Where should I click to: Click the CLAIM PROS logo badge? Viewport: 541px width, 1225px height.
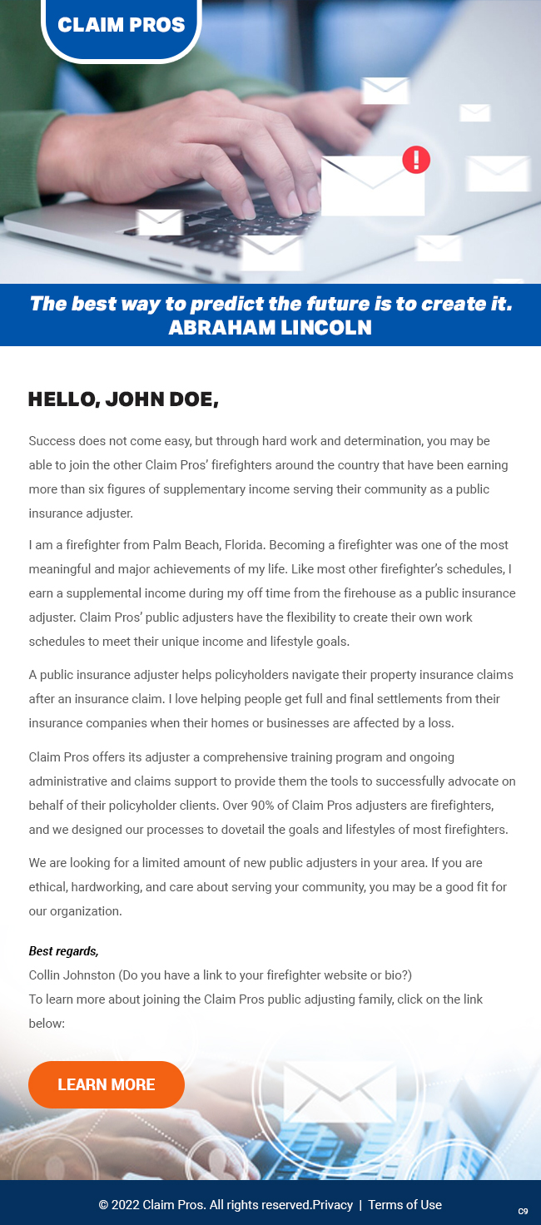pyautogui.click(x=122, y=25)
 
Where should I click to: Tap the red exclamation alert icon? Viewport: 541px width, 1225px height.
pyautogui.click(x=416, y=159)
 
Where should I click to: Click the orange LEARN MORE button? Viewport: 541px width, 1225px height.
pyautogui.click(x=107, y=1084)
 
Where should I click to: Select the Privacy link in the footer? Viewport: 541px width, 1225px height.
pyautogui.click(x=332, y=1205)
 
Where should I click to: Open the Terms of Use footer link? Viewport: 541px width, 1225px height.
pyautogui.click(x=405, y=1205)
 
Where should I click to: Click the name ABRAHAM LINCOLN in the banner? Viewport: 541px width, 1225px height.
pyautogui.click(x=270, y=328)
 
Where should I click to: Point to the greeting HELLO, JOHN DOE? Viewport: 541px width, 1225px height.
pyautogui.click(x=123, y=399)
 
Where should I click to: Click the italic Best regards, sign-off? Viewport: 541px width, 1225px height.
pyautogui.click(x=63, y=951)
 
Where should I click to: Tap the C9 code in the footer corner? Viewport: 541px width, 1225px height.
pyautogui.click(x=523, y=1212)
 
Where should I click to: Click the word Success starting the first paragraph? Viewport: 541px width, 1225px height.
pyautogui.click(x=52, y=440)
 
